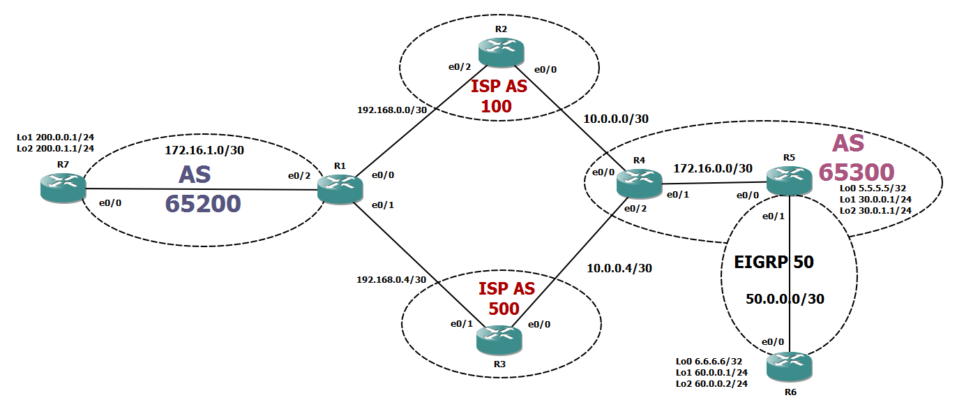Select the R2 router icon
[500, 52]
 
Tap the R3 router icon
[498, 339]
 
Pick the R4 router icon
[639, 183]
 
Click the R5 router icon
[790, 181]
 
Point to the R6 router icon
[790, 367]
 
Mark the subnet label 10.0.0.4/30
[620, 267]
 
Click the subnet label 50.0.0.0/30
[785, 299]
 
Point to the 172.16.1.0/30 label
[204, 150]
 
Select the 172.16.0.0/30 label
[713, 168]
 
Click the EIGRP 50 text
[774, 263]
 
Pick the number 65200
[203, 203]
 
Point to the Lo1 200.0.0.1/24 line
[55, 138]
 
